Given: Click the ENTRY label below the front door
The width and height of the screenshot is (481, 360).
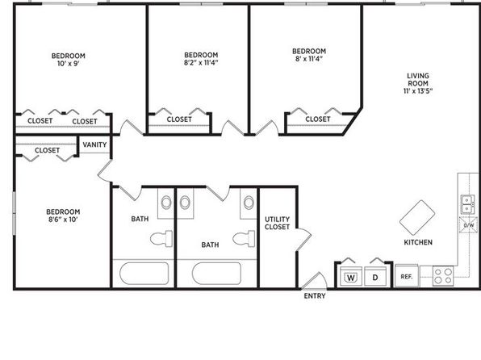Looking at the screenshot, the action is (x=315, y=296).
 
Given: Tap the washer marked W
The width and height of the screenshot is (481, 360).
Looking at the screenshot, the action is (x=351, y=277).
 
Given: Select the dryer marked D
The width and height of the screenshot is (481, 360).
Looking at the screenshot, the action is (x=375, y=277).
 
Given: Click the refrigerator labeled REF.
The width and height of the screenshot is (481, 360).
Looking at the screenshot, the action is (x=407, y=275).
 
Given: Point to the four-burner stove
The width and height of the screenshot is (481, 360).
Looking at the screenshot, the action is (x=443, y=276).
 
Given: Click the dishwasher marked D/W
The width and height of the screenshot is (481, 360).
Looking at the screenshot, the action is (x=468, y=224).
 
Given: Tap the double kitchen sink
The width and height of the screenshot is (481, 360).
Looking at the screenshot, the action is (x=468, y=204).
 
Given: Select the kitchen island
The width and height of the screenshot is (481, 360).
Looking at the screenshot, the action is (x=417, y=218).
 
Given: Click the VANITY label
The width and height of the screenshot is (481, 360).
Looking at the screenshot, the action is (x=94, y=144).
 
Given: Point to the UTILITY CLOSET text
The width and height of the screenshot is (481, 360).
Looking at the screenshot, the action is (x=278, y=223).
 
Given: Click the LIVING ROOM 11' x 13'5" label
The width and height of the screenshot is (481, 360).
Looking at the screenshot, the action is (x=418, y=83).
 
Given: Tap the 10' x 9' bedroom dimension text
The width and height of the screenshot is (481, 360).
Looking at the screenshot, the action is (x=69, y=64).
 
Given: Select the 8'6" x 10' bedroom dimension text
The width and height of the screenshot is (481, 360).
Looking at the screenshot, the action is (x=63, y=220).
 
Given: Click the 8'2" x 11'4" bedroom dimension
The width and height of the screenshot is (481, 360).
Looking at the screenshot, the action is (x=201, y=63).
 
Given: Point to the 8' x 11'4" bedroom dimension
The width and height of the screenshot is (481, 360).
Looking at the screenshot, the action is (x=309, y=59).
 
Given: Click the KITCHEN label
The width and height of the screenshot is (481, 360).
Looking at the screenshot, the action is (x=418, y=242).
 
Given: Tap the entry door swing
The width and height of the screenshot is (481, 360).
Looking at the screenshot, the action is (x=314, y=281).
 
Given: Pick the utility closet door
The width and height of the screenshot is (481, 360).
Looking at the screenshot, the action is (x=303, y=240).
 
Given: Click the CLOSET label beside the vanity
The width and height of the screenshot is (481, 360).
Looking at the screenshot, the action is (x=47, y=150).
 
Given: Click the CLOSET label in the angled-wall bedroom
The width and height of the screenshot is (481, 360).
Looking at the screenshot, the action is (x=318, y=119).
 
